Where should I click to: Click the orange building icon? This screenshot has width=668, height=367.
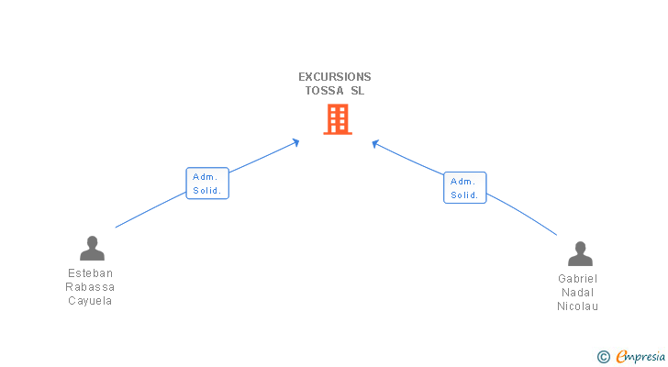click(x=338, y=119)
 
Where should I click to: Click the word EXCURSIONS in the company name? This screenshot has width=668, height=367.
click(x=334, y=77)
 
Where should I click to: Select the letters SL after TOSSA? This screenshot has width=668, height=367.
click(x=358, y=91)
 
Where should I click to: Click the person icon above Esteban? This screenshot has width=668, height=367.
click(x=92, y=249)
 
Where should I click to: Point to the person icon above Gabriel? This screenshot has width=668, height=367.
click(x=580, y=254)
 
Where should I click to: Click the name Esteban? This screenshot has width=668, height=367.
click(x=90, y=272)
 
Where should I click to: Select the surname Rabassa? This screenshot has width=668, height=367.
click(x=90, y=287)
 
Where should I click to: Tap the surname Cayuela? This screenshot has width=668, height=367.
click(x=90, y=301)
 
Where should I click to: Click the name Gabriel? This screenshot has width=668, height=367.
click(x=578, y=278)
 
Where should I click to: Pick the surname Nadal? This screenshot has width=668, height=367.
click(x=578, y=293)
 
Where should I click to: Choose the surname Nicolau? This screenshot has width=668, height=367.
click(x=578, y=306)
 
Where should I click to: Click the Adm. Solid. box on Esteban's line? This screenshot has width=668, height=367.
click(x=207, y=183)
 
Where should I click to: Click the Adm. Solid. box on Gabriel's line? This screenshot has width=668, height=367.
click(x=465, y=188)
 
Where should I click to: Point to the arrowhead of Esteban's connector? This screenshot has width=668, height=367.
click(x=295, y=142)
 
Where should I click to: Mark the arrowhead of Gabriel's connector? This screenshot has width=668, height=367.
click(x=375, y=144)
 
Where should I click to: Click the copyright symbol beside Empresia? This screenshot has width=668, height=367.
click(x=604, y=357)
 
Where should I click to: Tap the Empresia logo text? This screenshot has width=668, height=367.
click(x=640, y=357)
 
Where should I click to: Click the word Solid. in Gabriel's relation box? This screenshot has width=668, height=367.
click(x=465, y=195)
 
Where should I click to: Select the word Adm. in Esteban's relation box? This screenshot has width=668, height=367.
click(x=206, y=177)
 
